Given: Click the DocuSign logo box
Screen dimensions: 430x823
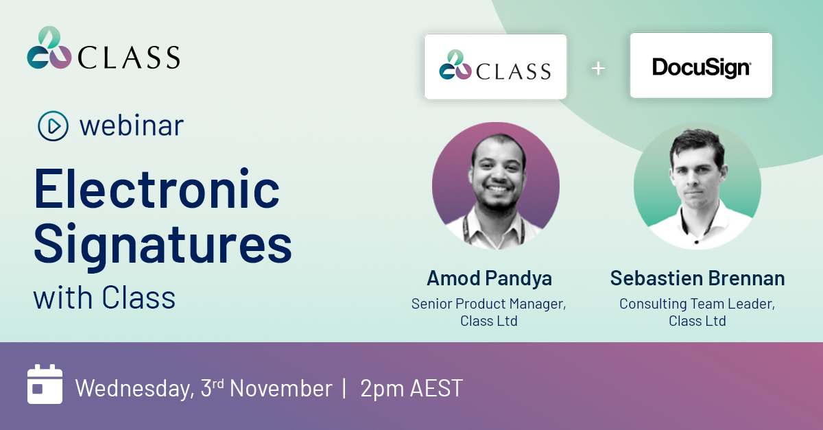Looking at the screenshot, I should point(701,66).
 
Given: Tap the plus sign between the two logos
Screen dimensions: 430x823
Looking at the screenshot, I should point(599,68).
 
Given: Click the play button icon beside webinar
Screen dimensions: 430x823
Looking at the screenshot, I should point(53,126).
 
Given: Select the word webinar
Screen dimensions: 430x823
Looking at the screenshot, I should point(132,126).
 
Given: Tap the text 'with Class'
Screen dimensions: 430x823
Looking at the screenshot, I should point(104,298).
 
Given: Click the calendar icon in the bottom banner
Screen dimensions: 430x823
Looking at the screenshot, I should point(45,385).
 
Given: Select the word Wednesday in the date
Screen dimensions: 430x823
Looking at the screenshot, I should point(133,388).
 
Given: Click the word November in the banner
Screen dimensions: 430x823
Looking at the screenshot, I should point(281,388).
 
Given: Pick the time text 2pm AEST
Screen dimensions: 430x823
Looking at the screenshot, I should point(411,388).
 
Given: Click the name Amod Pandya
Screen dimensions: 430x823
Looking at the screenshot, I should point(489,278).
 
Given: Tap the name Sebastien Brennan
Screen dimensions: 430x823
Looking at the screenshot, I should point(697,278).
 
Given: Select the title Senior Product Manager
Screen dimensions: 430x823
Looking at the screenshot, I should point(488,303).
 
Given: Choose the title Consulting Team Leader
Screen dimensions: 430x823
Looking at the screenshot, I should point(697,303).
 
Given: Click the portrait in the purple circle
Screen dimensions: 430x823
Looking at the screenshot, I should point(495,186).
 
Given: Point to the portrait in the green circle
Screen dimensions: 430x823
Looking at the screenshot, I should point(697,186).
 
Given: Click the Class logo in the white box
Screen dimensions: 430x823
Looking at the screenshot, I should point(495,66).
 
